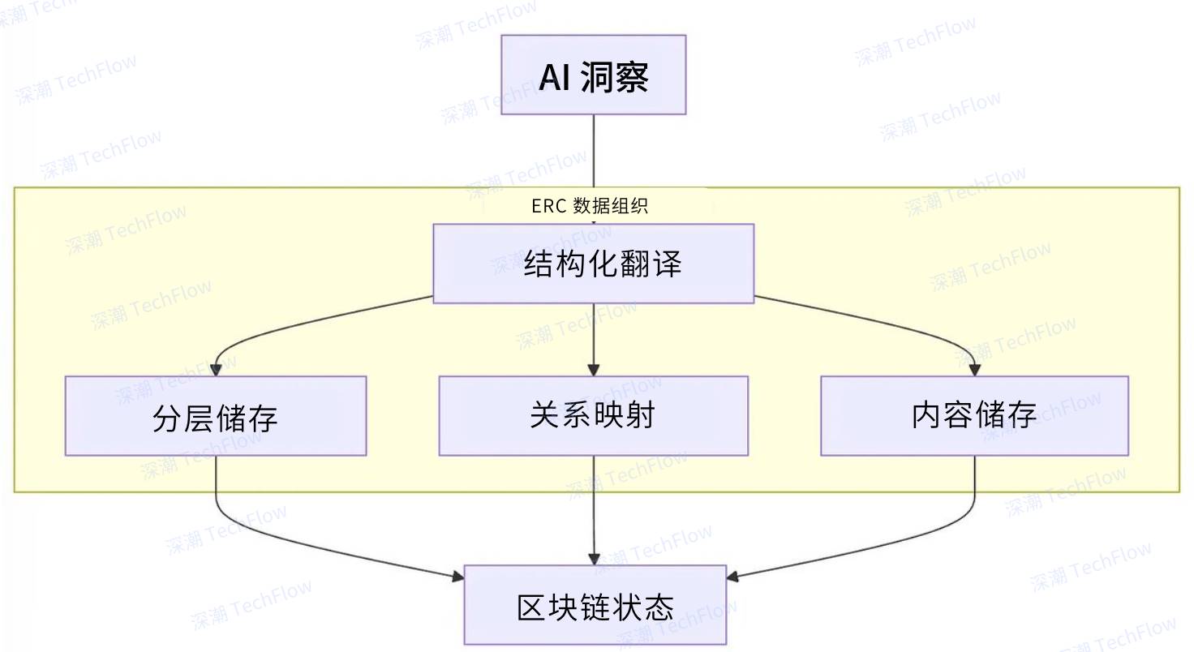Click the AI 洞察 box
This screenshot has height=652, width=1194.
pyautogui.click(x=593, y=75)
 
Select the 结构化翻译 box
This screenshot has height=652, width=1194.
pyautogui.click(x=593, y=264)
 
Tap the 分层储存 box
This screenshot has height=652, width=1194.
pyautogui.click(x=215, y=416)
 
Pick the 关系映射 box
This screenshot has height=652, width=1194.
pyautogui.click(x=593, y=415)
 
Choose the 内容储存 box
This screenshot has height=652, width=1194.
pyautogui.click(x=974, y=415)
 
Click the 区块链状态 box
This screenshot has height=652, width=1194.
pyautogui.click(x=595, y=605)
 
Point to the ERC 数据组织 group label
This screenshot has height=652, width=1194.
pyautogui.click(x=590, y=205)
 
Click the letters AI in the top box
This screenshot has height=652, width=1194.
pyautogui.click(x=555, y=79)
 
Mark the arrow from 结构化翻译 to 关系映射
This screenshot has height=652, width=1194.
pyautogui.click(x=594, y=337)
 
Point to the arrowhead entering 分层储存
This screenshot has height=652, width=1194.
pyautogui.click(x=216, y=370)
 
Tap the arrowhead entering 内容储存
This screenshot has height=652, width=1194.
pyautogui.click(x=974, y=370)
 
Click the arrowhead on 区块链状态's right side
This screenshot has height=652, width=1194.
pyautogui.click(x=732, y=577)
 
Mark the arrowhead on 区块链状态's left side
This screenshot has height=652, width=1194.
pyautogui.click(x=457, y=577)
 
